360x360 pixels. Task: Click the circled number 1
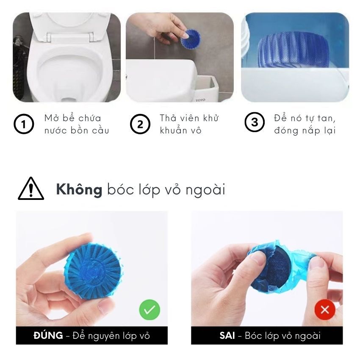24,124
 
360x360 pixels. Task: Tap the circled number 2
140,124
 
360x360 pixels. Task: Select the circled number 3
255,122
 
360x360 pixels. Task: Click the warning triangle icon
31,188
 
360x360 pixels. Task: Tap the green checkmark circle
150,310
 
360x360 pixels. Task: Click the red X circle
325,310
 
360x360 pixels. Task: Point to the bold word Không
79,190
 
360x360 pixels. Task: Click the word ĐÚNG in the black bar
48,335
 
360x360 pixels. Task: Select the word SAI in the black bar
227,336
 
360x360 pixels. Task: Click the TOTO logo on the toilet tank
200,100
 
